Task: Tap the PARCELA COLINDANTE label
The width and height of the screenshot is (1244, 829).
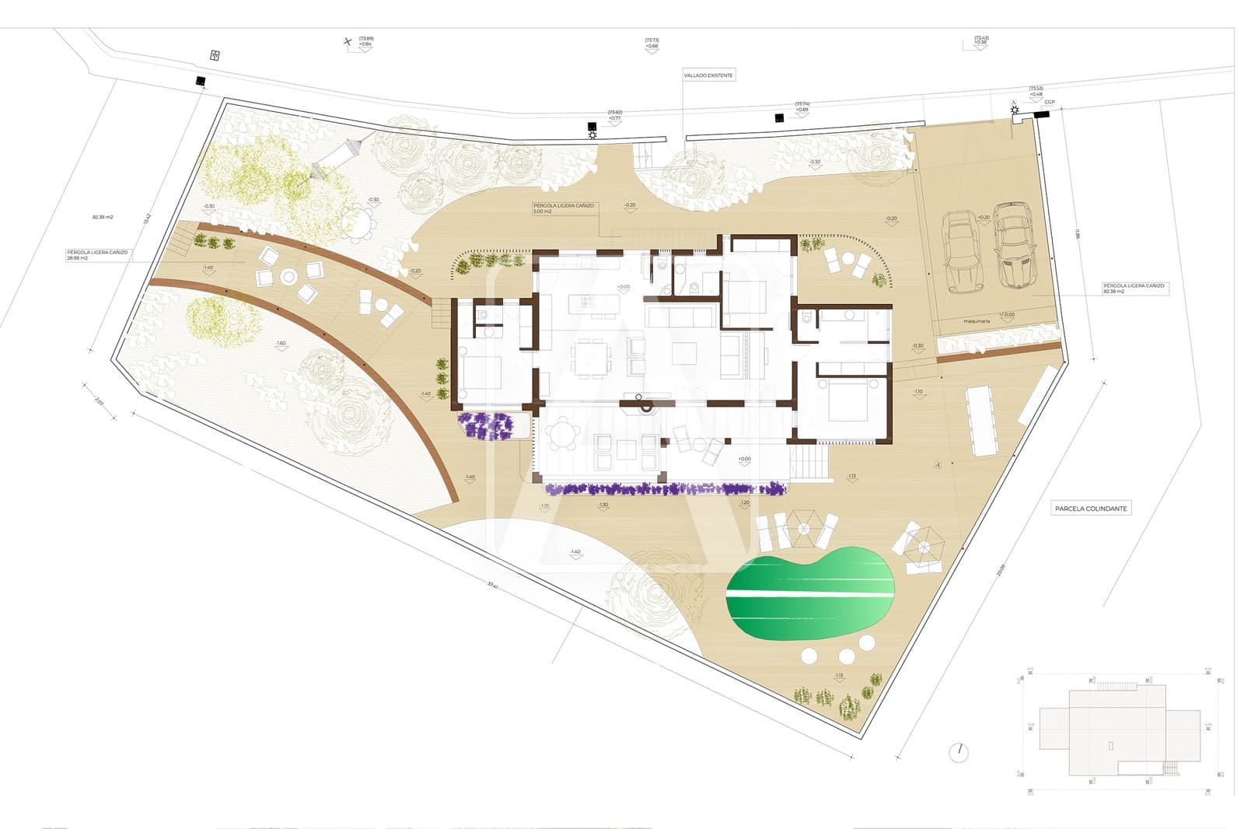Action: click(1090, 509)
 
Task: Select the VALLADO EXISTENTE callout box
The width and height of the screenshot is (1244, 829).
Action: click(708, 75)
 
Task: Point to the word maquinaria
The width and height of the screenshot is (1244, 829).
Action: click(977, 320)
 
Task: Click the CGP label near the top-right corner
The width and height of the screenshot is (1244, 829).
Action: click(1049, 102)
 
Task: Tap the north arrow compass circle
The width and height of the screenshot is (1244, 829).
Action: click(959, 753)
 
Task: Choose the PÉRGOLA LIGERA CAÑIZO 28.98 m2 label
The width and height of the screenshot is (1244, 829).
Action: click(97, 254)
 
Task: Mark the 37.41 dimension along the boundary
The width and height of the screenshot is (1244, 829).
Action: click(492, 584)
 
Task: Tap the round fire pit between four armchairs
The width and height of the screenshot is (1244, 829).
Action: click(288, 276)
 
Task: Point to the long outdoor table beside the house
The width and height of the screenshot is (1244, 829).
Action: click(981, 421)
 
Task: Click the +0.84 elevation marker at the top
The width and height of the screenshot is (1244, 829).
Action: click(365, 44)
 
